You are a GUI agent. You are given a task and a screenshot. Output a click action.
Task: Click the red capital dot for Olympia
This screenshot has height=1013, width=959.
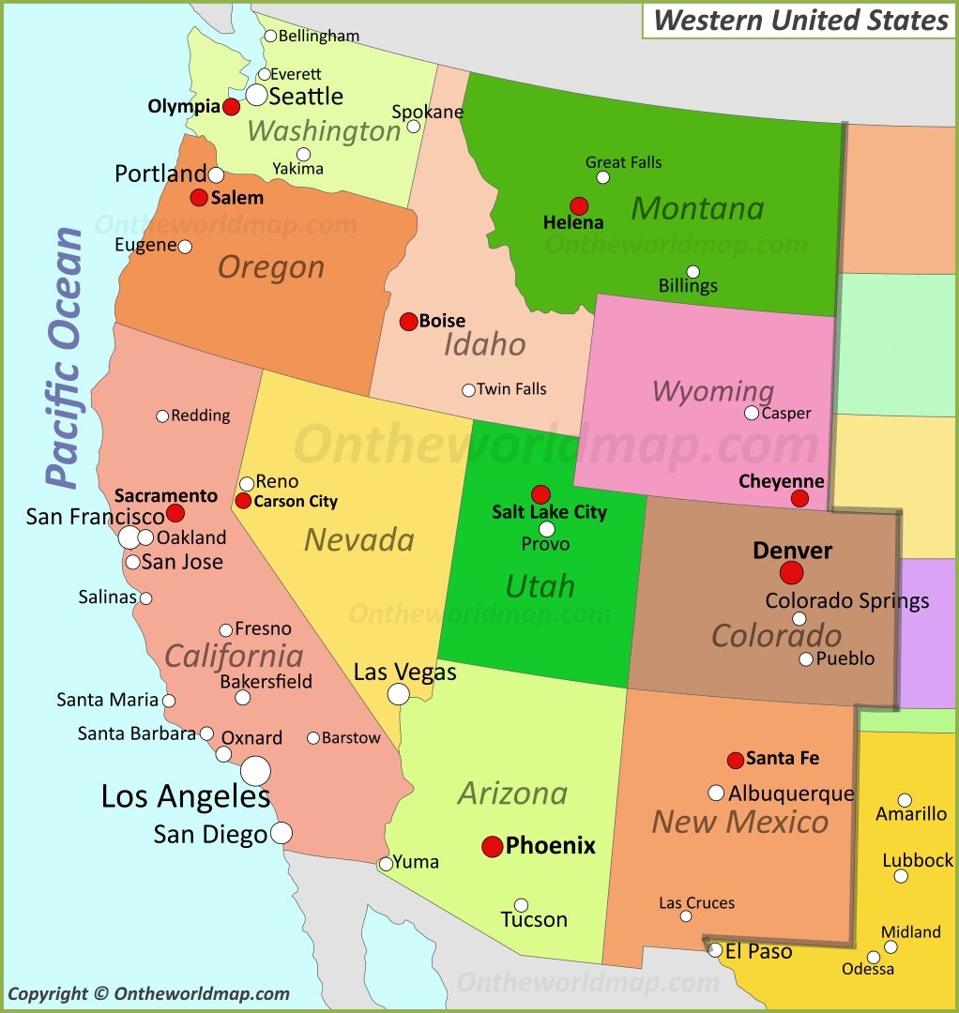pyautogui.click(x=231, y=107)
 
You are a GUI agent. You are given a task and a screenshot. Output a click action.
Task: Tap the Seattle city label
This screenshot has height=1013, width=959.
pyautogui.click(x=306, y=96)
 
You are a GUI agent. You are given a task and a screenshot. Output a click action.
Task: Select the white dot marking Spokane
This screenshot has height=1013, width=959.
pyautogui.click(x=413, y=126)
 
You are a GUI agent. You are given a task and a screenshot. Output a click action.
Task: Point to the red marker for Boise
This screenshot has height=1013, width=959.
pyautogui.click(x=408, y=322)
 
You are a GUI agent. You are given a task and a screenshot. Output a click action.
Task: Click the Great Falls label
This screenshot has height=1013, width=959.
pyautogui.click(x=623, y=162)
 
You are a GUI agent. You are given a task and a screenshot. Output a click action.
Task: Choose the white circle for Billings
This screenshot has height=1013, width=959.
pyautogui.click(x=693, y=272)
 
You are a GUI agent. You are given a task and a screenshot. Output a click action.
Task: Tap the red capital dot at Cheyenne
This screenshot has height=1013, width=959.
pyautogui.click(x=799, y=498)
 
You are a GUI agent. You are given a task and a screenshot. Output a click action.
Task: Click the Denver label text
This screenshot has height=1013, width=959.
pyautogui.click(x=793, y=551)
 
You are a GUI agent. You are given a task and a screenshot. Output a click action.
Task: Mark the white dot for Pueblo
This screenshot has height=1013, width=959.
pyautogui.click(x=806, y=659)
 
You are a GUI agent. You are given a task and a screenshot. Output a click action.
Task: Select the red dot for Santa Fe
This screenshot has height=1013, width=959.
pyautogui.click(x=736, y=760)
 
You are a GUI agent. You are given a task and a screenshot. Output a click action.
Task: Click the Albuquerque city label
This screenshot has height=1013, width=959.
pyautogui.click(x=791, y=794)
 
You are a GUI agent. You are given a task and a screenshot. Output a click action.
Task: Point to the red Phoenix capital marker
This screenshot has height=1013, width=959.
pyautogui.click(x=493, y=847)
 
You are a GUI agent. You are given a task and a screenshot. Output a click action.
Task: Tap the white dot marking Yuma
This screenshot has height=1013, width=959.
pyautogui.click(x=386, y=864)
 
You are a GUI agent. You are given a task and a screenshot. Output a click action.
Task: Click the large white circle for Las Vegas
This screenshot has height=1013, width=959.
pyautogui.click(x=399, y=694)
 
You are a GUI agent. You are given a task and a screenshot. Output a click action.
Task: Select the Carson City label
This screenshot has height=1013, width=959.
pyautogui.click(x=296, y=501)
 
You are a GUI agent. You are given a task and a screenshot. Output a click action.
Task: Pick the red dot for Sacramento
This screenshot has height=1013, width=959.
pyautogui.click(x=175, y=513)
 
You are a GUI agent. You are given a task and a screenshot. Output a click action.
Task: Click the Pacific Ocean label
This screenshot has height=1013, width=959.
pyautogui.click(x=66, y=356)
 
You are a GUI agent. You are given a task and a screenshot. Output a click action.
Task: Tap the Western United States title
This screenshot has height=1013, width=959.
pyautogui.click(x=800, y=20)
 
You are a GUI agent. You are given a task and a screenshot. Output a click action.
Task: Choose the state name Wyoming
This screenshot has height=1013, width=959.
pyautogui.click(x=713, y=391)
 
